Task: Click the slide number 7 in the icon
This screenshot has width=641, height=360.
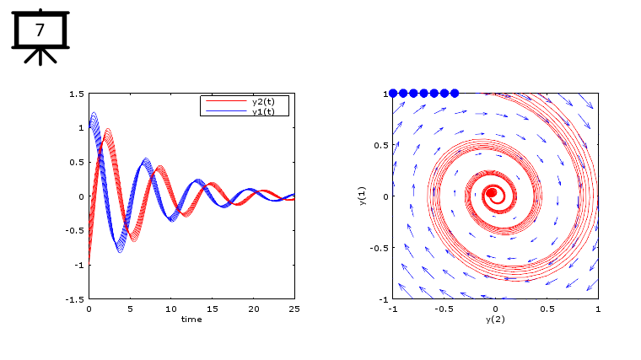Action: coord(40,31)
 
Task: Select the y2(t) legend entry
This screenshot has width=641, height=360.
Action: coord(269,101)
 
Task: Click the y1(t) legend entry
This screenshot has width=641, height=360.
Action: coord(269,111)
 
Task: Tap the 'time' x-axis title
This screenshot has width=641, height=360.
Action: coord(191,319)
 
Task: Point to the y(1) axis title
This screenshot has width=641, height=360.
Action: coord(362,196)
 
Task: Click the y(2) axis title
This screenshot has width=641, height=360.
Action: coord(495,320)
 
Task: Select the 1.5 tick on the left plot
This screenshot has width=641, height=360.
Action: coord(77,94)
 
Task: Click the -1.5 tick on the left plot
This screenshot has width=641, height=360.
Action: coord(75,299)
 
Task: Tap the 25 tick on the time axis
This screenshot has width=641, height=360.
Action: coord(294,309)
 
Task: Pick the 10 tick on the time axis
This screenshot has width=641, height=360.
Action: coord(171,309)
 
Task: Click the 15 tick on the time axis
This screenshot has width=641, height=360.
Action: coord(213,309)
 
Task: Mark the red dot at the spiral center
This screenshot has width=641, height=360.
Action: coord(492,193)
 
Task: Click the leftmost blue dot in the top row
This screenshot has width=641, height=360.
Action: coord(393,94)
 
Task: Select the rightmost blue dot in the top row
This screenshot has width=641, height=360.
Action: coord(455,94)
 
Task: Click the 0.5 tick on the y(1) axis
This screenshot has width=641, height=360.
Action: coord(380,145)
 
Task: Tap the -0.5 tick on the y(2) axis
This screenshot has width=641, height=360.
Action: coord(443,309)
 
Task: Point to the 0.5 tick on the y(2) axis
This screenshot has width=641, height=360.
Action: coord(547,309)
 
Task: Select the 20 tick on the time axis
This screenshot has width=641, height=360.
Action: coord(253,309)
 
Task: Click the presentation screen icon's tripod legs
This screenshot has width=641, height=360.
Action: coord(39,56)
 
